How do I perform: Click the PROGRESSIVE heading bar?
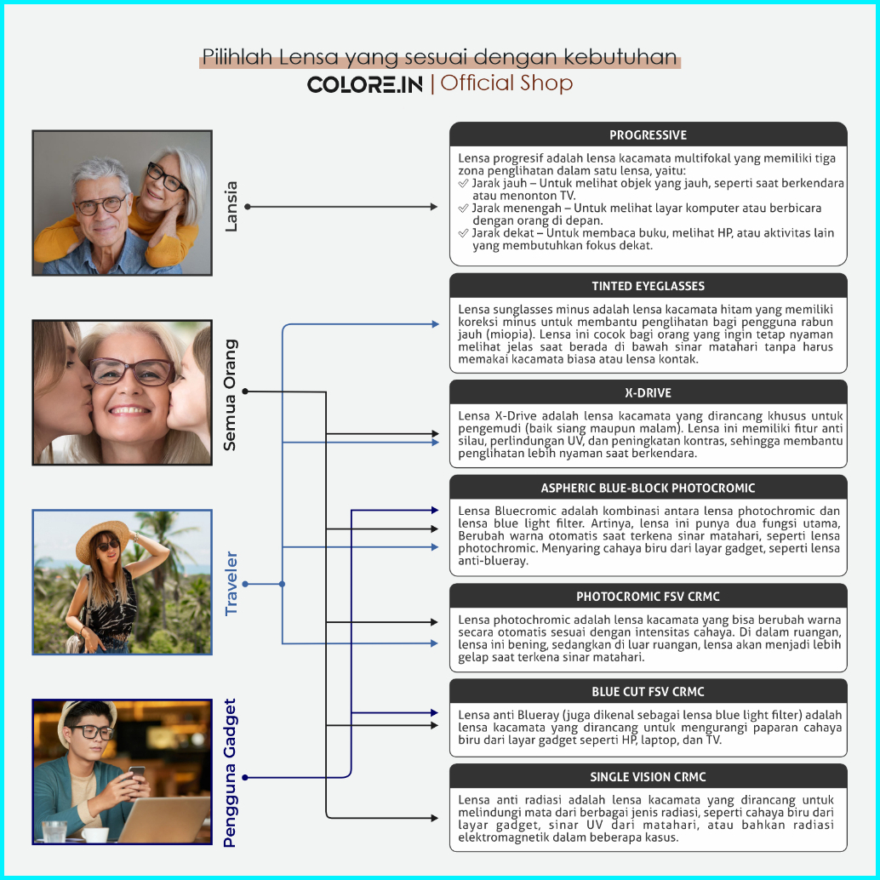pyautogui.click(x=648, y=135)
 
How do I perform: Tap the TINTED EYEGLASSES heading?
pyautogui.click(x=648, y=286)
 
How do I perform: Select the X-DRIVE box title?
pyautogui.click(x=648, y=393)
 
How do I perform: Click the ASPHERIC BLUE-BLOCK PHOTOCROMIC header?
pyautogui.click(x=648, y=489)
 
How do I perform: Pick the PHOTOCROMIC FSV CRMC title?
pyautogui.click(x=648, y=597)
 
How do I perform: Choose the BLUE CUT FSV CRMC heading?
pyautogui.click(x=648, y=692)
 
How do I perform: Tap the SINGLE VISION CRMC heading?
pyautogui.click(x=648, y=777)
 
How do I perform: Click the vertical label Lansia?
pyautogui.click(x=231, y=206)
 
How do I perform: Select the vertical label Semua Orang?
pyautogui.click(x=231, y=395)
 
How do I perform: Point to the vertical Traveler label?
pyautogui.click(x=231, y=583)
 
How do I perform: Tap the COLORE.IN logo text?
pyautogui.click(x=364, y=84)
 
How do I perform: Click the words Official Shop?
pyautogui.click(x=506, y=83)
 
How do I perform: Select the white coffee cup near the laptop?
pyautogui.click(x=94, y=834)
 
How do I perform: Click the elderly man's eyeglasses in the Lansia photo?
pyautogui.click(x=100, y=205)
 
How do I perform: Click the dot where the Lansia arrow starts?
pyautogui.click(x=247, y=207)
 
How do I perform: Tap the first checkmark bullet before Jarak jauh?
pyautogui.click(x=463, y=184)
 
